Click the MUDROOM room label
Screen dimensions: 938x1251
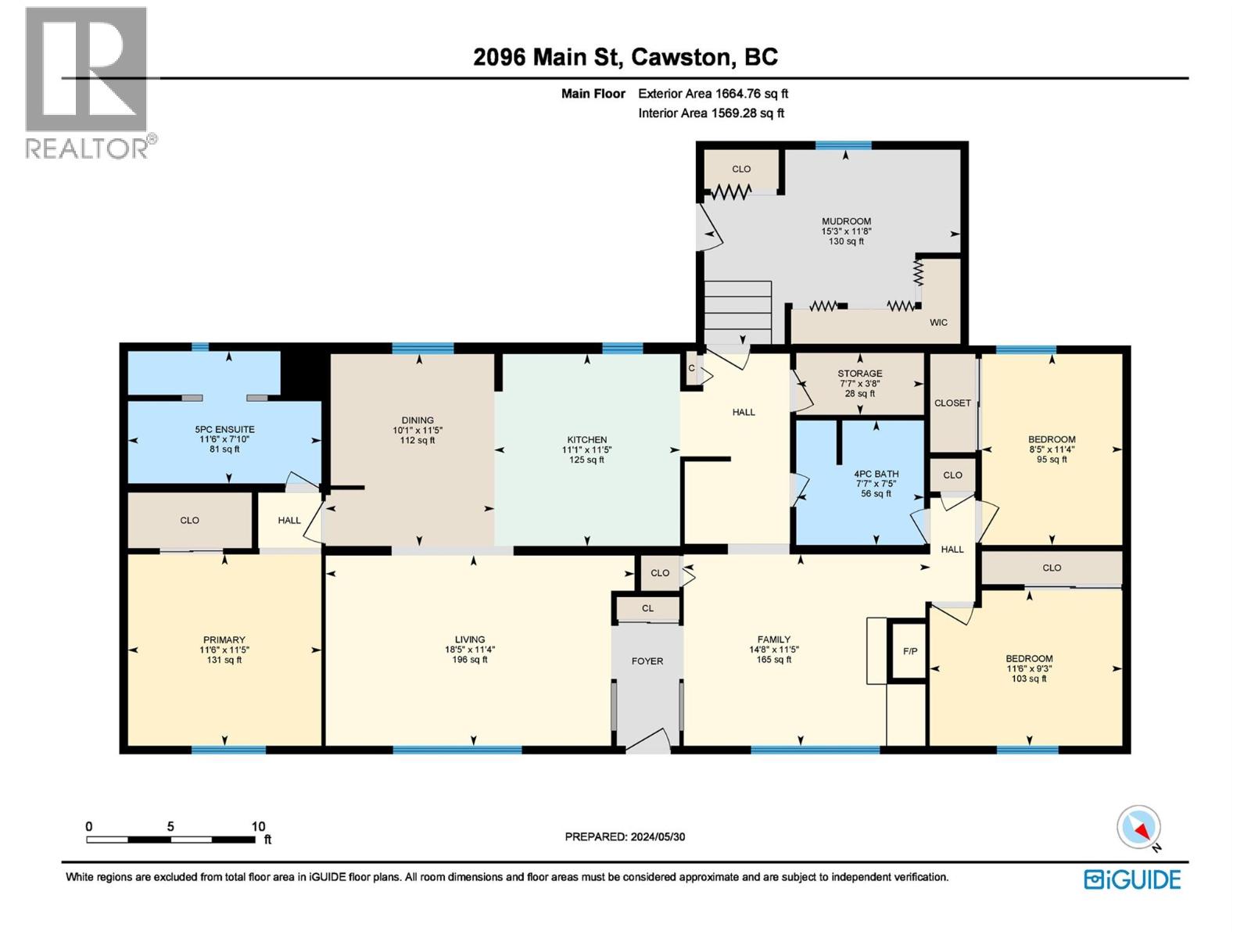tap(846, 221)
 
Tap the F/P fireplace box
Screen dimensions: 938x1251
tap(909, 651)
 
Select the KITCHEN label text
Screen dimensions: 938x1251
tap(587, 440)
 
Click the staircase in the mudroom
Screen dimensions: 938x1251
tap(737, 312)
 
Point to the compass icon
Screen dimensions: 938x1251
tap(1139, 827)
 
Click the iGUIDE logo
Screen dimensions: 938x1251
tap(1132, 879)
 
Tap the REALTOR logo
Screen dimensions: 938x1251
tap(87, 82)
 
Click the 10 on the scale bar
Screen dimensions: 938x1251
tap(258, 826)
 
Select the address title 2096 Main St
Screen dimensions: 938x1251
tap(625, 57)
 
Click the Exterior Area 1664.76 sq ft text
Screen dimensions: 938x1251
tap(712, 94)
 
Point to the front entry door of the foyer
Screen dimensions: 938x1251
tap(649, 743)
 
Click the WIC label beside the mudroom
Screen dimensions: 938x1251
tap(938, 322)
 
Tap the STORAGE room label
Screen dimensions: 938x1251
tap(859, 374)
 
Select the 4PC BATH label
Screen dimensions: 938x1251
tap(876, 474)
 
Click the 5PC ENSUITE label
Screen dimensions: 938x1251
tap(224, 429)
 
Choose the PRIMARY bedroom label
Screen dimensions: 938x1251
tap(224, 639)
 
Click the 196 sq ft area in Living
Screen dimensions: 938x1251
tap(470, 660)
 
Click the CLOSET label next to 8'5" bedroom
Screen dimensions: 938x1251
tap(952, 403)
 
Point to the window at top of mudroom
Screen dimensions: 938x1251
tap(843, 145)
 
